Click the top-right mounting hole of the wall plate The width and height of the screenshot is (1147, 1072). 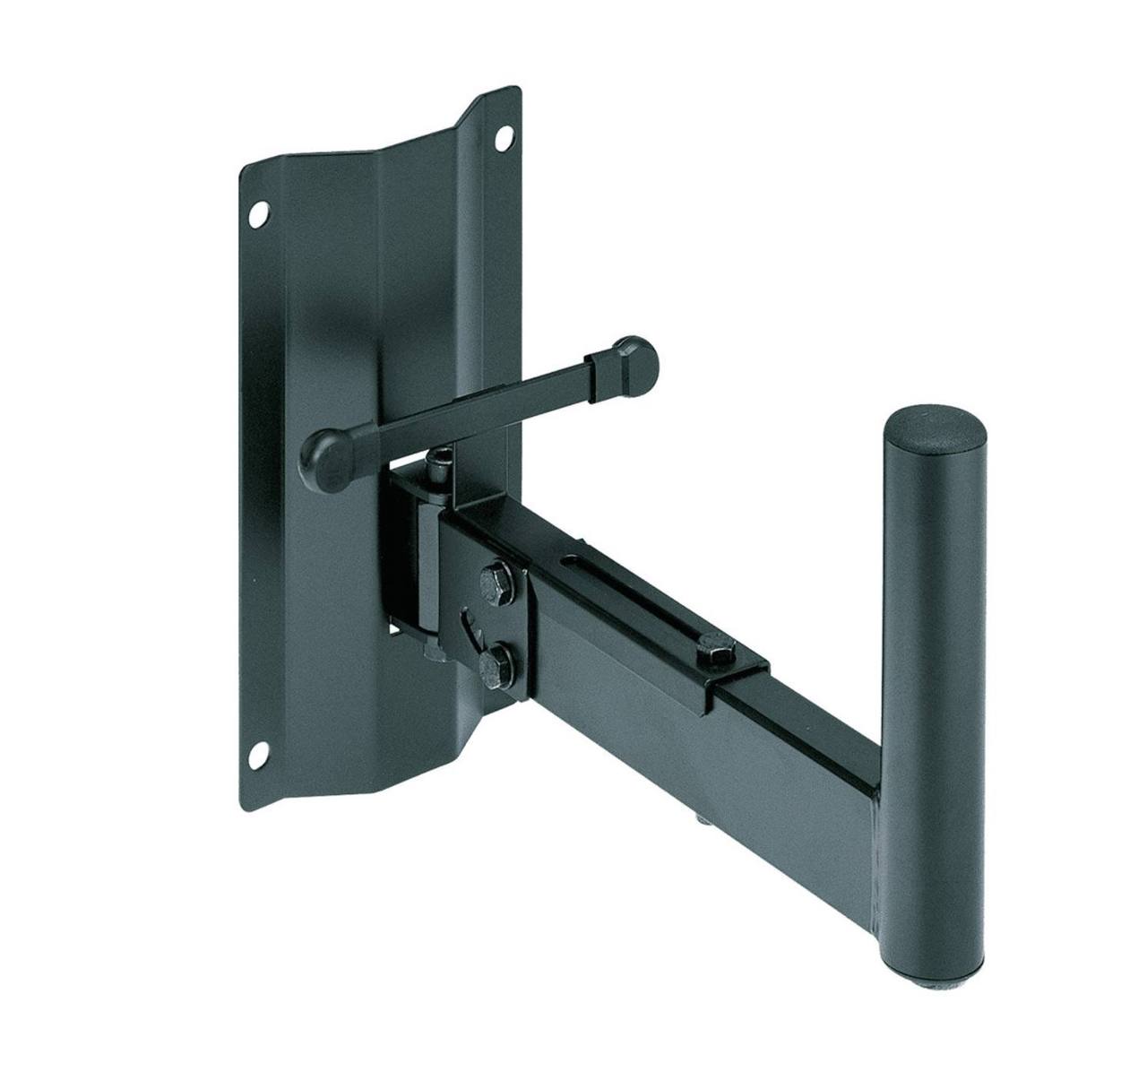click(x=505, y=139)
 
